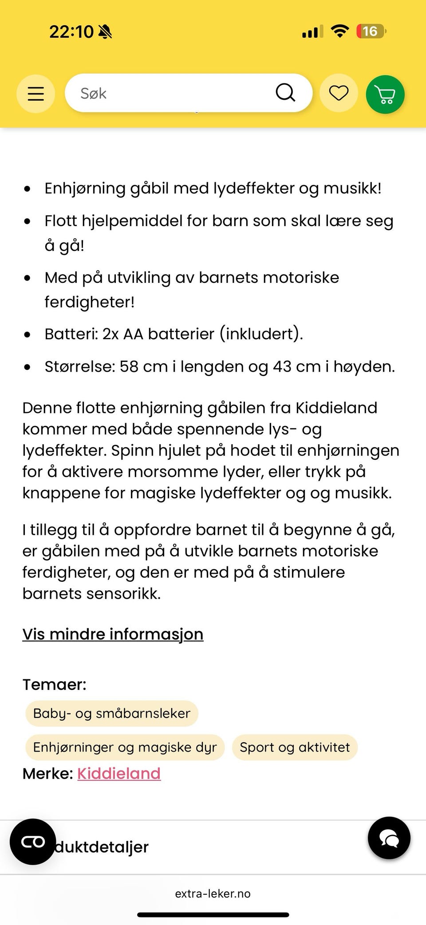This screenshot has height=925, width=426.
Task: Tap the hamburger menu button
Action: pos(36,94)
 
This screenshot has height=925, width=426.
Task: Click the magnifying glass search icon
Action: pos(285,93)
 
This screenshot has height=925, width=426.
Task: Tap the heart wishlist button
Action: pos(339,93)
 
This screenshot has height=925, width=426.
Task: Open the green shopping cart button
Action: pos(385,94)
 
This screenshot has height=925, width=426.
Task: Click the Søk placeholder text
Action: pos(93,94)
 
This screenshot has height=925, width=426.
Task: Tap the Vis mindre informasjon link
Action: pos(113,634)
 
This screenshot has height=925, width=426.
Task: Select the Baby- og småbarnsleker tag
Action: pos(111,713)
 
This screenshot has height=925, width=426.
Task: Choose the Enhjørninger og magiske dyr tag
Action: pos(125,747)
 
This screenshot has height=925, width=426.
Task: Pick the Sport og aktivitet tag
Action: pos(295,747)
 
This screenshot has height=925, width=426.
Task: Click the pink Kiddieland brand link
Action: pos(119,773)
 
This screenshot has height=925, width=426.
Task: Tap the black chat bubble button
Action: pos(389,838)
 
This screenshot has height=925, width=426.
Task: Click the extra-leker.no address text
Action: pos(213,894)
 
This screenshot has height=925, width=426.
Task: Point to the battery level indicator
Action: pos(371,31)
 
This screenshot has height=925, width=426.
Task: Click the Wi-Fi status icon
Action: pos(340,31)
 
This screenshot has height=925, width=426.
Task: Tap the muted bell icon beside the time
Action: pos(105,31)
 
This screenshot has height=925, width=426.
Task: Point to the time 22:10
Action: pos(71,31)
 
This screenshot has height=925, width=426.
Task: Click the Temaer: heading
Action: pos(54,684)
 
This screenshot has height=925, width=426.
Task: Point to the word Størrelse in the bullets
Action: pos(79,367)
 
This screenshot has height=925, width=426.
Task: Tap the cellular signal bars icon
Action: pos(312,32)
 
